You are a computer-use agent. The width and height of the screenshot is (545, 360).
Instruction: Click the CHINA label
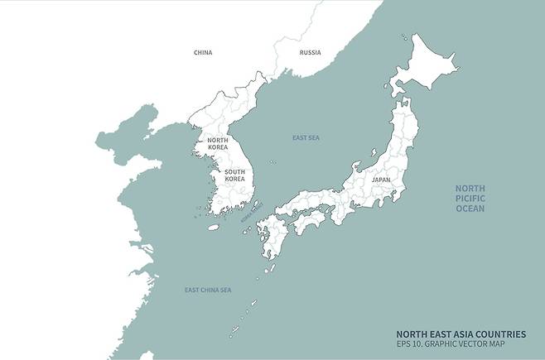pos(203,52)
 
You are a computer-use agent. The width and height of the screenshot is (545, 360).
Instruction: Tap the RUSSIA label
pos(310,52)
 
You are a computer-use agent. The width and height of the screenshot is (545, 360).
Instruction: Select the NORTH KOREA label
pos(217,143)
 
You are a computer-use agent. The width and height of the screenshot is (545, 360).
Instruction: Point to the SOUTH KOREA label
pos(234,175)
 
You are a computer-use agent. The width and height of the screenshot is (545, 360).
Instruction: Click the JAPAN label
pos(381,179)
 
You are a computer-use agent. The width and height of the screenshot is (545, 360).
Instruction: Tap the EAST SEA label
pos(306,137)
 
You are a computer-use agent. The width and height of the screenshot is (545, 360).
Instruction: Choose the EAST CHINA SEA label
pos(208,290)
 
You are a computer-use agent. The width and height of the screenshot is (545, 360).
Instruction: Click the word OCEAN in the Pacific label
pos(470,209)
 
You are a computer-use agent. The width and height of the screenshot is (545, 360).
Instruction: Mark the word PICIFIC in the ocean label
pos(470,199)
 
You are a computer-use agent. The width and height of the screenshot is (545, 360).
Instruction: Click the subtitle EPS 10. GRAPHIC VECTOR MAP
pos(450,343)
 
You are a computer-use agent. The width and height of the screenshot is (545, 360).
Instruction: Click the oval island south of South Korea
pos(213,227)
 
